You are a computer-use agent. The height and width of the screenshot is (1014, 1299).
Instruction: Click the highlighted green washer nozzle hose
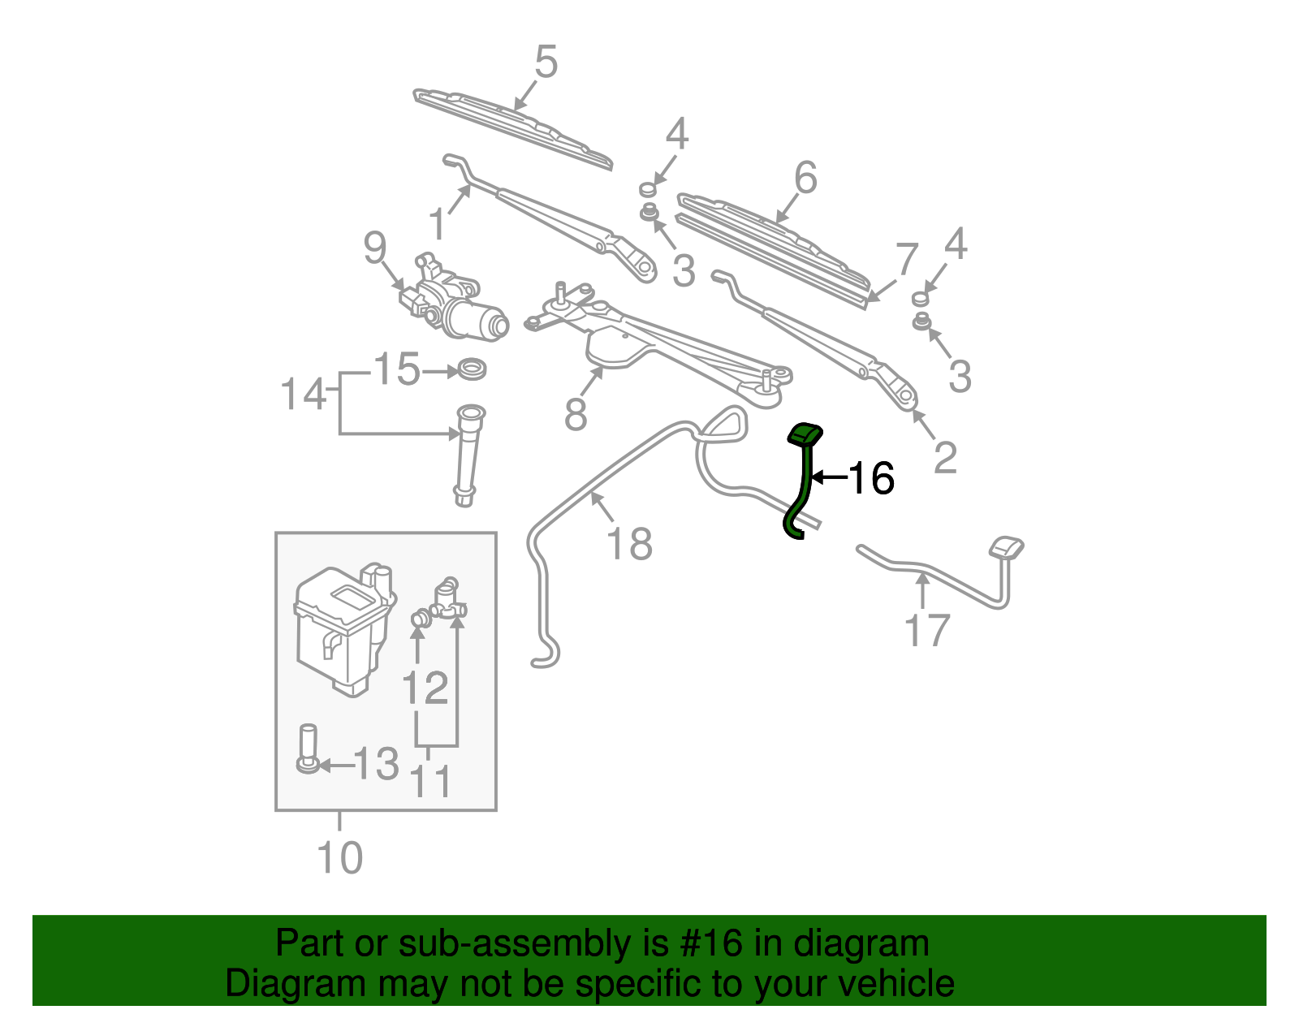pos(805,479)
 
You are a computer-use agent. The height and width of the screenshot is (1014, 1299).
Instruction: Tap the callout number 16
pos(870,478)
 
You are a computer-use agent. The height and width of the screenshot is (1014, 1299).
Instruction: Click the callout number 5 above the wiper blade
pos(546,63)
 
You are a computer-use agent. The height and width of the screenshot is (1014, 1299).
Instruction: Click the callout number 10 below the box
pos(339,857)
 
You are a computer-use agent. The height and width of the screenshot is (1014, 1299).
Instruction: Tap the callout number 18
pos(629,543)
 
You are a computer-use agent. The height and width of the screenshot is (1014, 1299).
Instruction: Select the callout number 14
pos(303,395)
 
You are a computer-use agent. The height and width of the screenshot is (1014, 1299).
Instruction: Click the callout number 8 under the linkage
pos(576,414)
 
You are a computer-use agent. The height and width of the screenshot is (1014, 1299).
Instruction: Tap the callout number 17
pos(926,631)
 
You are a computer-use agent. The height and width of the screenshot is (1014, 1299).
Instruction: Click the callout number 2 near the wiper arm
pos(945,457)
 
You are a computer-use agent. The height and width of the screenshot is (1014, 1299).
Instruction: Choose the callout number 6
pos(805,177)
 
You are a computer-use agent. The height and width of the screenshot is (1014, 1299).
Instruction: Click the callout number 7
pos(906,259)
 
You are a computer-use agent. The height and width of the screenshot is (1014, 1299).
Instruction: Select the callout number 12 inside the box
pos(425,688)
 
